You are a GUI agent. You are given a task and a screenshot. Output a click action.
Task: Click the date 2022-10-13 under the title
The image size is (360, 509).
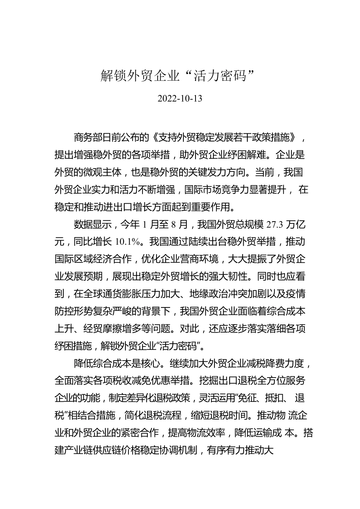[180, 99]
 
